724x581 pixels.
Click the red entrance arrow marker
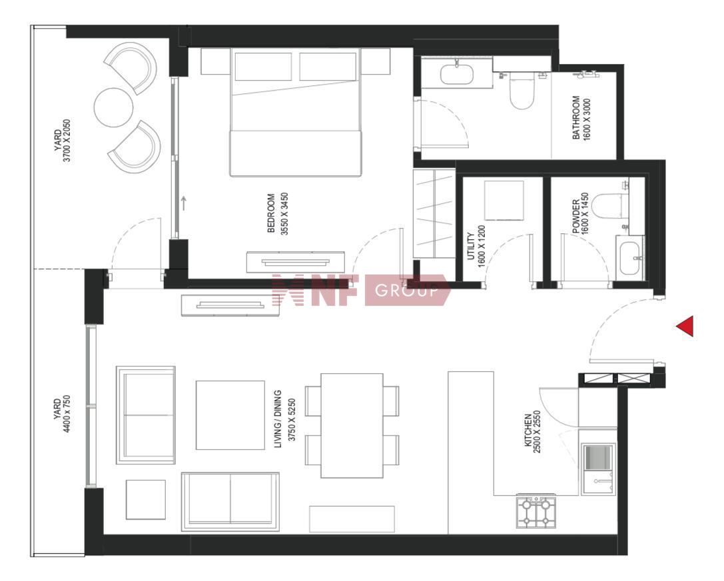tap(685, 326)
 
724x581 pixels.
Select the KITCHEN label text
tap(528, 430)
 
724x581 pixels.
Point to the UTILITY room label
tap(471, 246)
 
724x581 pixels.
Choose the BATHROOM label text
tap(575, 117)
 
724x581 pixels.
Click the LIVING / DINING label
tap(278, 419)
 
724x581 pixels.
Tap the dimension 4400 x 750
tap(67, 413)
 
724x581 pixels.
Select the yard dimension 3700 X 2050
tap(67, 141)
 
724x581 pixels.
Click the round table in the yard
tap(114, 107)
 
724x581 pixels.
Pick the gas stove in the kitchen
tap(536, 512)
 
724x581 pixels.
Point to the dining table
tap(352, 426)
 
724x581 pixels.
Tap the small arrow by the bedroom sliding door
tap(184, 203)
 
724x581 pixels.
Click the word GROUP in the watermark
tap(406, 290)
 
